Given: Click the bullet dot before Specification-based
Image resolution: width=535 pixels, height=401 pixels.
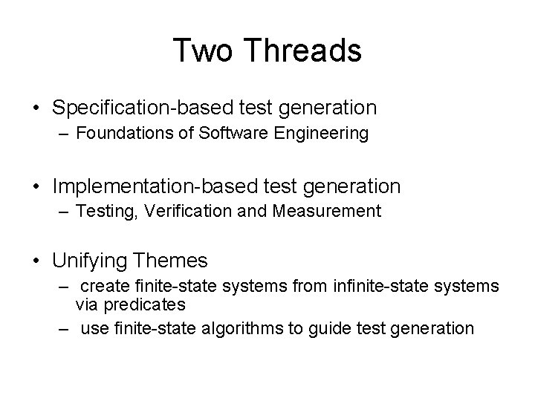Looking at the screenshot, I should point(36,108).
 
